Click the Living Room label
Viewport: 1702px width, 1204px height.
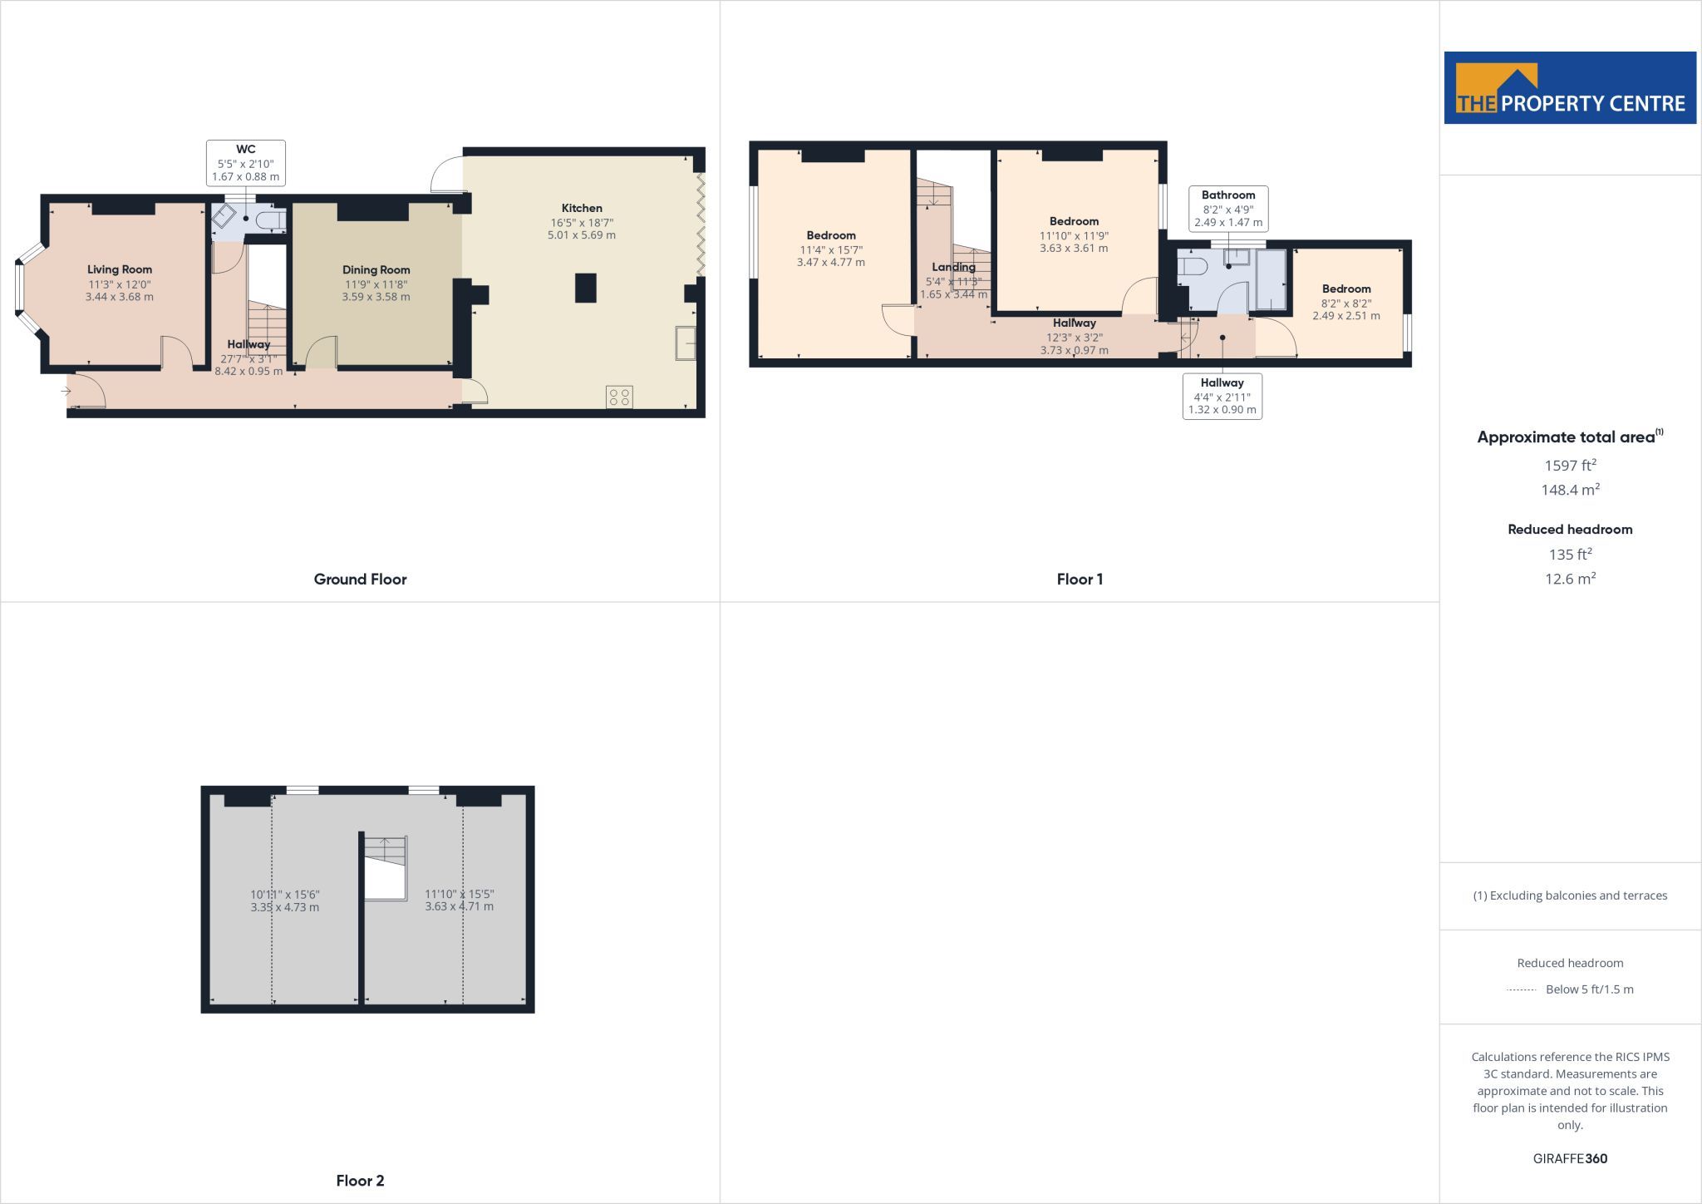120,269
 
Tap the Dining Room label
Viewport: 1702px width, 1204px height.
376,269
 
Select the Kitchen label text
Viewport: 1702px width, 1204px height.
582,208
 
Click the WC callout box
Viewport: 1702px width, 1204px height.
246,163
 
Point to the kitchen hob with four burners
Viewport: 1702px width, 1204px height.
619,397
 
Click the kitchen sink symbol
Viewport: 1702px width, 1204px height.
686,343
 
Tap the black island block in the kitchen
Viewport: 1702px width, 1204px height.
586,288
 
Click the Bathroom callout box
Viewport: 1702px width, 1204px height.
1228,209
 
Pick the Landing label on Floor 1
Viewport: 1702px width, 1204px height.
953,267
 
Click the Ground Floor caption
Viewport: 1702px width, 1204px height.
360,579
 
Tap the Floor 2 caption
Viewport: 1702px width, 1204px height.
360,1180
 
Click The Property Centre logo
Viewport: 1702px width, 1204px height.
1570,88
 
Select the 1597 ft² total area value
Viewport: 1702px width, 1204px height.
1571,465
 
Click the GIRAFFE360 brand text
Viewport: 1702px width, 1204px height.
1570,1158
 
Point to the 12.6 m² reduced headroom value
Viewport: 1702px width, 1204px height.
1571,578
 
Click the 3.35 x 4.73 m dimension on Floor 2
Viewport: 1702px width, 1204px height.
285,907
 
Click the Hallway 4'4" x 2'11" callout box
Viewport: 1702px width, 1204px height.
1222,396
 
